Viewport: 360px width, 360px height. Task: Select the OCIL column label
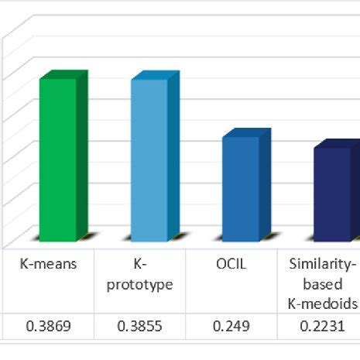point(230,264)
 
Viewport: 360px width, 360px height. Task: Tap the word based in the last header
point(321,284)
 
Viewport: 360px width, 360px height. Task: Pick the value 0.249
point(230,327)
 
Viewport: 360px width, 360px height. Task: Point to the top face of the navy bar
point(337,144)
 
